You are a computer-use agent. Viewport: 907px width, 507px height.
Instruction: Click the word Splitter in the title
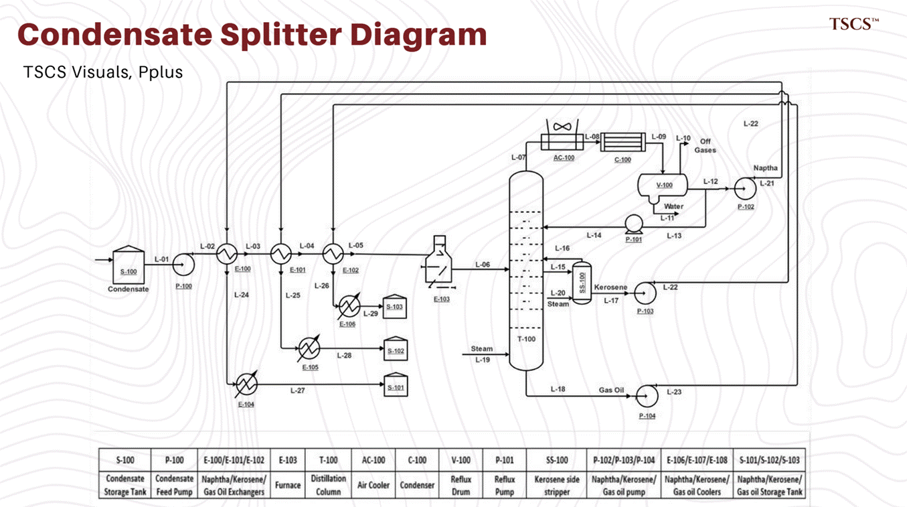click(281, 35)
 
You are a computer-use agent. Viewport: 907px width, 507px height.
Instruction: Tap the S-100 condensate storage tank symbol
click(129, 265)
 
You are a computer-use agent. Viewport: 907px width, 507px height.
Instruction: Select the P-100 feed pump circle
click(183, 265)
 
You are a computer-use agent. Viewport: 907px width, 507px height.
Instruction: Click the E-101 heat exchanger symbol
click(280, 254)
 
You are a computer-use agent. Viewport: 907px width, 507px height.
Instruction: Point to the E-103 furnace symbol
click(438, 263)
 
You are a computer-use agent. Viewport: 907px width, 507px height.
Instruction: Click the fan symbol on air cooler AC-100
click(562, 127)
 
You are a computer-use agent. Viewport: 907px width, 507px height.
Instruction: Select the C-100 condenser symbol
click(623, 142)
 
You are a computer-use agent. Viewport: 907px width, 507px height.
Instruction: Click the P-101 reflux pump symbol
click(634, 224)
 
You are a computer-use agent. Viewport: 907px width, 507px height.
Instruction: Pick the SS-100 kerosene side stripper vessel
click(582, 283)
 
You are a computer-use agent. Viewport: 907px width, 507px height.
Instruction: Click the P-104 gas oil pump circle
click(647, 396)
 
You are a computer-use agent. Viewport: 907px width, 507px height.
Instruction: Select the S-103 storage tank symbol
click(394, 306)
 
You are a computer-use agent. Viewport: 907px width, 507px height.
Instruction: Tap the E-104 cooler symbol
click(246, 383)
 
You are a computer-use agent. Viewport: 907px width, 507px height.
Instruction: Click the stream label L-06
click(482, 265)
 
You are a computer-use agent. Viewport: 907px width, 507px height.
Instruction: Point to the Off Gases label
click(705, 146)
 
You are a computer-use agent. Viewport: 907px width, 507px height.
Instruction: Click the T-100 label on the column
click(526, 339)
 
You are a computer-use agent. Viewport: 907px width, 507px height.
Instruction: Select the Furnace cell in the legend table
click(288, 485)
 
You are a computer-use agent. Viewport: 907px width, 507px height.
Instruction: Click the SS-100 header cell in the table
click(557, 460)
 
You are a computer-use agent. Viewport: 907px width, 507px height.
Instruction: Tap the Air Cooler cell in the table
click(374, 485)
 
